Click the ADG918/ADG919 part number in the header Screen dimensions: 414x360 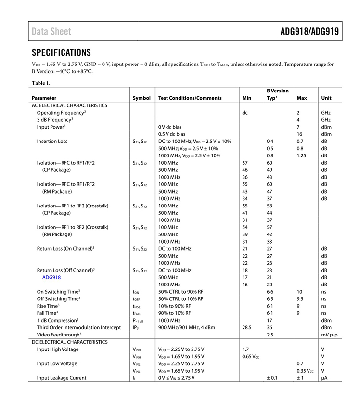309,32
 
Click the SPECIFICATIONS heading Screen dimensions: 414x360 61,52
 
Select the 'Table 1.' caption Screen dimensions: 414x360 41,83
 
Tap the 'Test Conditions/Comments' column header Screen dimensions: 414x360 190,98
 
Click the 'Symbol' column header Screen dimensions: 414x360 141,98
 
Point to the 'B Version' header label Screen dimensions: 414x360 278,91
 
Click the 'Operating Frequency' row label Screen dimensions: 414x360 61,113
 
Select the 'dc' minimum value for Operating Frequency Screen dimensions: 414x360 244,113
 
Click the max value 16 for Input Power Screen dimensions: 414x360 299,134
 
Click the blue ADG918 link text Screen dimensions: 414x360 51,277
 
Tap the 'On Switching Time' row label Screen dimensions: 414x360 58,292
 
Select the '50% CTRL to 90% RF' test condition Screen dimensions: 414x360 180,292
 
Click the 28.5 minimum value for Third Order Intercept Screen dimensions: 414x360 247,327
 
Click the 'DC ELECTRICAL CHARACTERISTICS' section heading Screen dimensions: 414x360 70,342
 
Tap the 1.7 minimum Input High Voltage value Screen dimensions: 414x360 245,349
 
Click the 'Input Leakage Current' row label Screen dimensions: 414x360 62,378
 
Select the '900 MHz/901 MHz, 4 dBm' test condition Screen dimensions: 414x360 189,327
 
